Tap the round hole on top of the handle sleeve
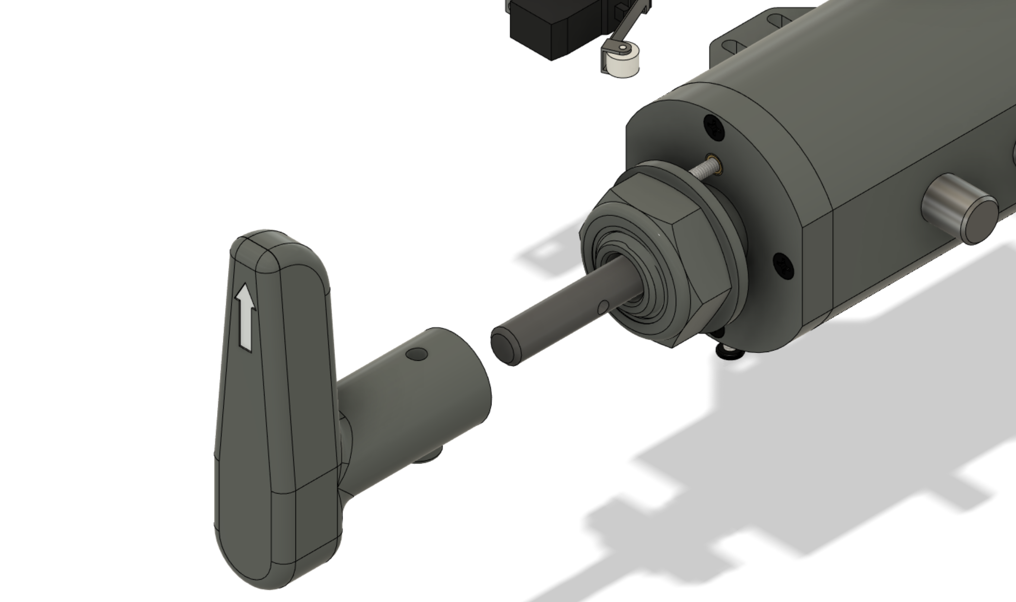pos(417,354)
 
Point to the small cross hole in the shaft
pos(603,306)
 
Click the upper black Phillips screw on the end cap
pos(714,126)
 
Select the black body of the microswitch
pos(545,29)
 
